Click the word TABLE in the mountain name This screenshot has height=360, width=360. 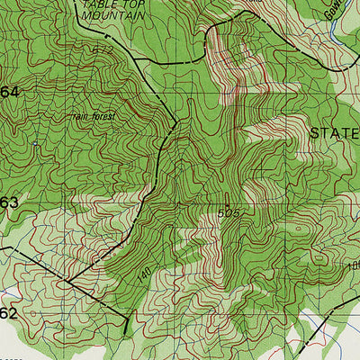(94, 4)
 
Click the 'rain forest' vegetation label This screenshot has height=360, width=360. (91, 115)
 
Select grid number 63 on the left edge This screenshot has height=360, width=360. (9, 202)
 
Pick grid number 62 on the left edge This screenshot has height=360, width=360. (9, 313)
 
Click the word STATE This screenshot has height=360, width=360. (334, 132)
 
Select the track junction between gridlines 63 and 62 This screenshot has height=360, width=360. (67, 281)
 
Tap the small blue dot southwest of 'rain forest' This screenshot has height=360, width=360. (35, 144)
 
